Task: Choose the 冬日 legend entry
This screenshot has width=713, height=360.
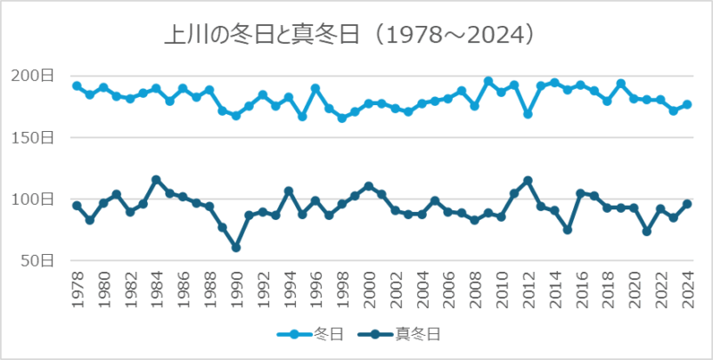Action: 313,335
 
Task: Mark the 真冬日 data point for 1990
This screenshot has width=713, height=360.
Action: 236,247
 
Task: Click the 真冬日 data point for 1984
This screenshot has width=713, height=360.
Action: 156,180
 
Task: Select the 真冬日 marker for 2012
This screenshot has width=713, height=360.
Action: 529,181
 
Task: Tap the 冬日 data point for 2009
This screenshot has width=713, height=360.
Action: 488,81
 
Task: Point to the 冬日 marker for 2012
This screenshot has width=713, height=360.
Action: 529,114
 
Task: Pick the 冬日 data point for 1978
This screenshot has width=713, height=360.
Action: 77,86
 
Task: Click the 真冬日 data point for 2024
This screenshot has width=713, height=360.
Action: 687,204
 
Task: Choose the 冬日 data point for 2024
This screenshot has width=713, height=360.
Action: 687,104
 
